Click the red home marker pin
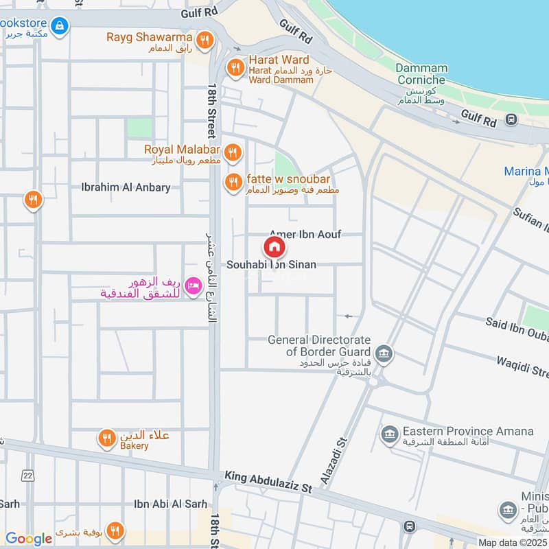274,247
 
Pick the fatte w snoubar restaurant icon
233,182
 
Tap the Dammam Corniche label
421,74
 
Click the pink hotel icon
193,283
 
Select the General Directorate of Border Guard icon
384,353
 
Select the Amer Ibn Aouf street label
305,234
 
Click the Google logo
29,539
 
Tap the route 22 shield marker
27,476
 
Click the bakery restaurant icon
106,439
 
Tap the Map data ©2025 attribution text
513,542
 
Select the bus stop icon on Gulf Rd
511,120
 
